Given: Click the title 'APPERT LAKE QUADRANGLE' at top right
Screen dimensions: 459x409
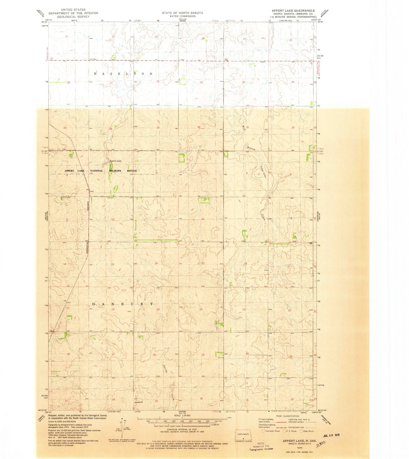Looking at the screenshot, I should coord(293,10).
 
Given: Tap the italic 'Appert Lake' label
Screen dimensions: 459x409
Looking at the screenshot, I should coord(115,161).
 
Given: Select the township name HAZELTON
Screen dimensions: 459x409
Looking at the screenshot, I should coord(123,74).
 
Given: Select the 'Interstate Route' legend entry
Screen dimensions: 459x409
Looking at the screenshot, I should coord(271,431).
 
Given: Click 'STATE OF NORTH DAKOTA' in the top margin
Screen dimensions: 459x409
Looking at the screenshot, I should coord(182,13).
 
